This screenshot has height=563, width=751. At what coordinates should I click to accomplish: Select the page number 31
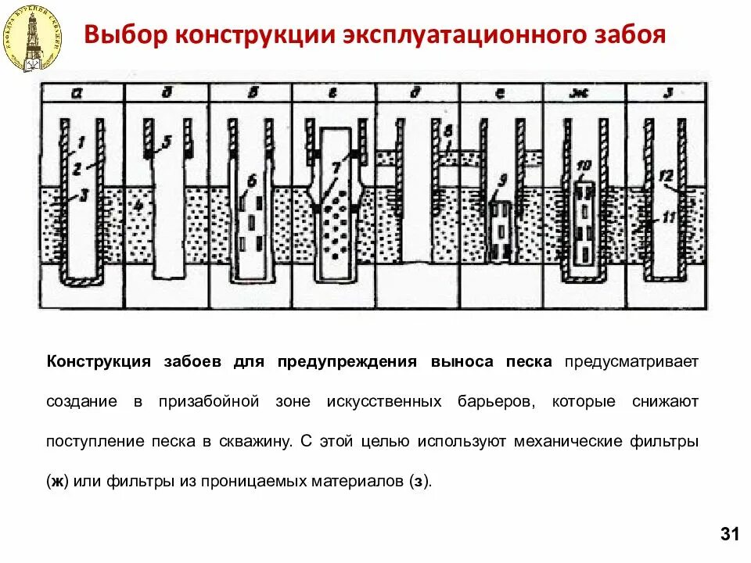728,535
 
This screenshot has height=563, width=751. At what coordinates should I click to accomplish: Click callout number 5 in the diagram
167,142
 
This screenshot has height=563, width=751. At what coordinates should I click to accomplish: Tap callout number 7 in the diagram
336,167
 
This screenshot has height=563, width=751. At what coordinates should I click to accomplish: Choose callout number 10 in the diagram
584,166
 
